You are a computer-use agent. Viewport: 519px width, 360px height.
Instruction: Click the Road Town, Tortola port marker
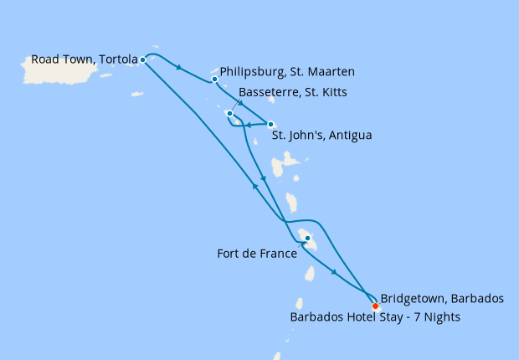coord(143,59)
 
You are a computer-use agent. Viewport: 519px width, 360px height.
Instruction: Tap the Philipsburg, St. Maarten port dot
coord(215,80)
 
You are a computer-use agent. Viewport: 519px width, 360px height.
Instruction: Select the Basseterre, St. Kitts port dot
coord(229,113)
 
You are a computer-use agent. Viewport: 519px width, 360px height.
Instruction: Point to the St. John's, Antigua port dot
coord(270,124)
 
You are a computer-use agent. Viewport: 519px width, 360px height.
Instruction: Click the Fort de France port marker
coord(307,239)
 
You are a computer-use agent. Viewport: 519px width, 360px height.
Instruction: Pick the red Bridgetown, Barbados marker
coord(375,306)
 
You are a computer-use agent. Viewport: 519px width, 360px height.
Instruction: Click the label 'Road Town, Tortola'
coord(84,59)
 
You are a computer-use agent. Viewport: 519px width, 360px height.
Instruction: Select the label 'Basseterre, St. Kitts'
coord(293,92)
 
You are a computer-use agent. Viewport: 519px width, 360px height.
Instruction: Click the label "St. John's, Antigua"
coord(322,134)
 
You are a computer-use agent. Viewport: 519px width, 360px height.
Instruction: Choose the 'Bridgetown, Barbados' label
coord(441,298)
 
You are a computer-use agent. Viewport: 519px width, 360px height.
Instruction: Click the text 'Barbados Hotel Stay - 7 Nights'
coord(375,317)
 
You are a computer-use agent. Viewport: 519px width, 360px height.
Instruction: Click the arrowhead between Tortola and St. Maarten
coord(180,67)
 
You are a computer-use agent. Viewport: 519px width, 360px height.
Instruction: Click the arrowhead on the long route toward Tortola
coord(254,187)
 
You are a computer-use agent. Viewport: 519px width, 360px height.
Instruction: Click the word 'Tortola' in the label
coord(117,59)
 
